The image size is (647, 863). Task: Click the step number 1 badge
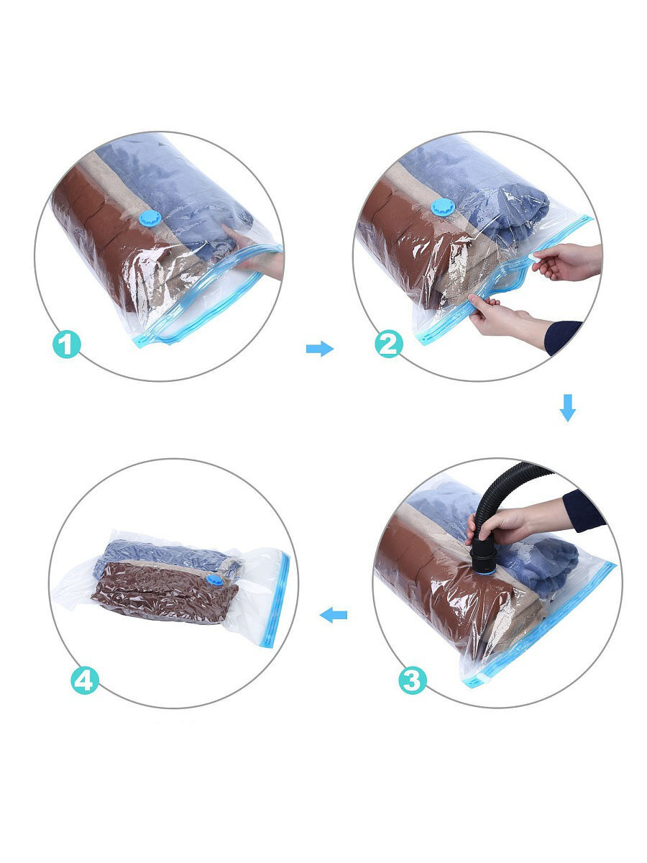point(67,344)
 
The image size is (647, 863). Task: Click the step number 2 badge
point(389,344)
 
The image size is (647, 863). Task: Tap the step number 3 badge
point(412,680)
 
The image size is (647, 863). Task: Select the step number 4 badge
point(85,680)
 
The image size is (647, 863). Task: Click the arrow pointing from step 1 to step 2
point(320,349)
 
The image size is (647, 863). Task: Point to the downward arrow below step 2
point(568,407)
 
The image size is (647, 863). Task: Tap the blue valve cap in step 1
point(150,218)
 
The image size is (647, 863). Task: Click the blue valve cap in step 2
point(441,207)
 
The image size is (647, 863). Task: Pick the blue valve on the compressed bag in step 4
point(214,580)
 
